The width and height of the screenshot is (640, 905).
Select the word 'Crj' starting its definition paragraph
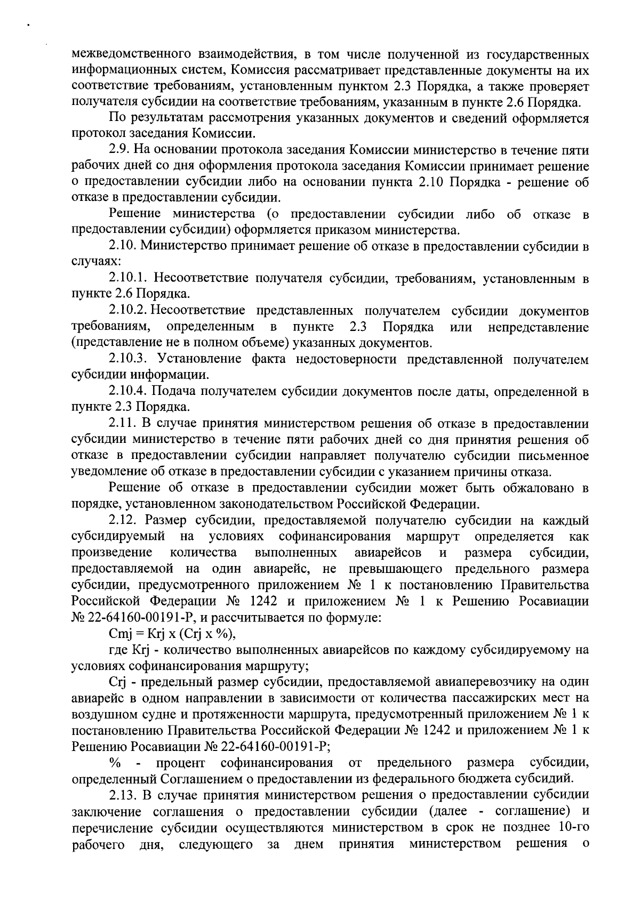(116, 683)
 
